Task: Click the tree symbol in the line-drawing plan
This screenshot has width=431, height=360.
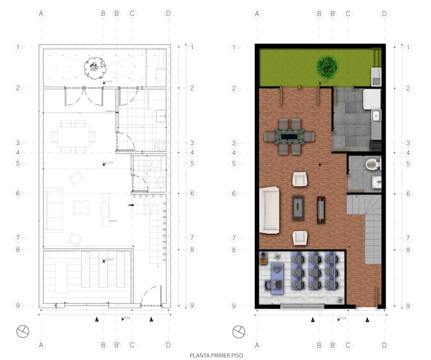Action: coord(94,65)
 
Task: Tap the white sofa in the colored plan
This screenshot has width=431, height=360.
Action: coord(271,209)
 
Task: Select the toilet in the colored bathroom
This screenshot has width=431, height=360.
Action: coord(373,165)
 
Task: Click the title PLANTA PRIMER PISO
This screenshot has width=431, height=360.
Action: coord(215,356)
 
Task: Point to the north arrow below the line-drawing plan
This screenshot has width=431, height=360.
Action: coord(23,330)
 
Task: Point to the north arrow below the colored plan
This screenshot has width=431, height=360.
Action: coord(239,330)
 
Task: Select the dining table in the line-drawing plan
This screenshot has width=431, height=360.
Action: coord(74,136)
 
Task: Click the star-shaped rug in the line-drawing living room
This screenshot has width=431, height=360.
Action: coord(81,209)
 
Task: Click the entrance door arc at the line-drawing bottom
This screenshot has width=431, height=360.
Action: coord(150,296)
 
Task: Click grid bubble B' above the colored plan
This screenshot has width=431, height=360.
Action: coord(333,13)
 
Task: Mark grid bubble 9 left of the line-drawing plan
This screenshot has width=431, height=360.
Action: coord(19,305)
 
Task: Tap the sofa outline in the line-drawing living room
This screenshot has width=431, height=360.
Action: coord(54,209)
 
